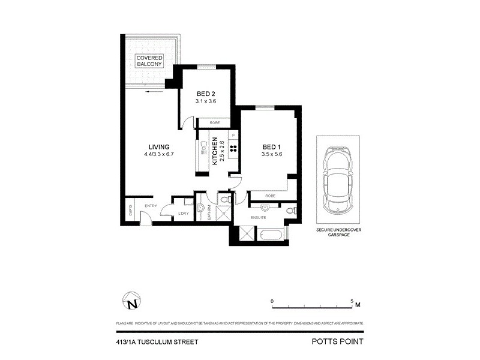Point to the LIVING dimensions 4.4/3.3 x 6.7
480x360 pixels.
(159, 154)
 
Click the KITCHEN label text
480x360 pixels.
(214, 152)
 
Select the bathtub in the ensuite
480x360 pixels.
(271, 235)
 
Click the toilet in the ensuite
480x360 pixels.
(290, 211)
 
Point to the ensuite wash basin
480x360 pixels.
(266, 208)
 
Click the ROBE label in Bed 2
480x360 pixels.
(215, 122)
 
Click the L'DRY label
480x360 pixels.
(184, 214)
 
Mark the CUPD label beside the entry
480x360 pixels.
(130, 211)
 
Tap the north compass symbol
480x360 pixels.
(131, 300)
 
